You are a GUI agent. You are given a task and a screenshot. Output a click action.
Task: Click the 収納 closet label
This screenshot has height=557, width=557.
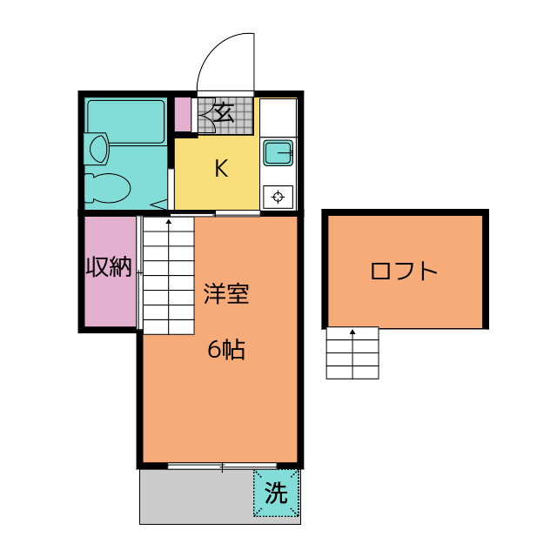(109, 268)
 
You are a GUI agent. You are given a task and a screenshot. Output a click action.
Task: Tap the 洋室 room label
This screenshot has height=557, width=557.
(226, 294)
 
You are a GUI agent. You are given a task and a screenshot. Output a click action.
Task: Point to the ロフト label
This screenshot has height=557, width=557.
(404, 271)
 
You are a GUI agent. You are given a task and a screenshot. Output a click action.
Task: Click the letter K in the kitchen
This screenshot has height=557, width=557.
(221, 169)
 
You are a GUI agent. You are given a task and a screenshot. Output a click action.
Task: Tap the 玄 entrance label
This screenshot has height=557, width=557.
(223, 113)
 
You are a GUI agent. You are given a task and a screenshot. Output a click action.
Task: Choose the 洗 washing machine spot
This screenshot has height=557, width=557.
(276, 494)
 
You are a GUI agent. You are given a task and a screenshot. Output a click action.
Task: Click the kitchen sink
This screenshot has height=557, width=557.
(278, 153)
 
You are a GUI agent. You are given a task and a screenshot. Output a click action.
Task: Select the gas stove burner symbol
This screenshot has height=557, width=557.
(278, 196)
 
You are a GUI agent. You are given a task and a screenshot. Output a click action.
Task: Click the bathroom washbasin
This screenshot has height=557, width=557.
(97, 148)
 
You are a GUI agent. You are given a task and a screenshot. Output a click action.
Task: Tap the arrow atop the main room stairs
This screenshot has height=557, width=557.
(168, 223)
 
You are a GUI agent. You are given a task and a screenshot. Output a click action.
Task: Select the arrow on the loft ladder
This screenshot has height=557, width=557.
(352, 332)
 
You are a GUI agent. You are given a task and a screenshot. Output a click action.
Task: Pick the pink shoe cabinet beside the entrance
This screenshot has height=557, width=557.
(183, 114)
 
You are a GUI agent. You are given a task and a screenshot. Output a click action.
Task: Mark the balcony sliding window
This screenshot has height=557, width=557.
(222, 467)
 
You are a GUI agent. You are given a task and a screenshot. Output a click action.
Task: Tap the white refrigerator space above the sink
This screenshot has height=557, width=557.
(278, 117)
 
